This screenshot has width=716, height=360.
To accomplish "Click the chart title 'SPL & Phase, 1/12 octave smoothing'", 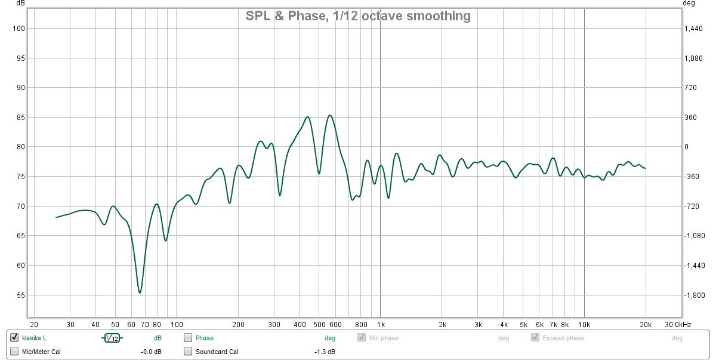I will click(x=358, y=16).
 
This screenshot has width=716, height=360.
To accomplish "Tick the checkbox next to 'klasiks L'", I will click(x=15, y=338).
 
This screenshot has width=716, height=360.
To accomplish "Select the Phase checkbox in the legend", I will click(x=188, y=338).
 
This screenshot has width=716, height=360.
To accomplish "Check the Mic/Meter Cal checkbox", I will click(x=15, y=352).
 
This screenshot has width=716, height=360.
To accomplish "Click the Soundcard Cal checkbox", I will click(x=188, y=352).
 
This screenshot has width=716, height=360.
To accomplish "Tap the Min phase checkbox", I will click(x=362, y=338).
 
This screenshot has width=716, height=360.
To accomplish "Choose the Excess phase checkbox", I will click(x=535, y=338).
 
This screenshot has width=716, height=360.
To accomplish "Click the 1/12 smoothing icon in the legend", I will click(x=112, y=339).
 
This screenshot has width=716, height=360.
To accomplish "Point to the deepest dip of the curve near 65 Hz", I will click(x=140, y=293).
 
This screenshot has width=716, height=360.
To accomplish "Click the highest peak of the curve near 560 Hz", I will click(x=330, y=115).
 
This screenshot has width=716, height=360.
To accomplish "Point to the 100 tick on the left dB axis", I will click(x=17, y=29).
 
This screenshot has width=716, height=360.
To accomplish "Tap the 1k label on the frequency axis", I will click(x=381, y=324).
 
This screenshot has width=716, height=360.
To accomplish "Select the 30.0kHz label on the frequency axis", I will click(x=679, y=324).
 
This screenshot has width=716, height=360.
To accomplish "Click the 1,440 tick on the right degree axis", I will click(x=693, y=29).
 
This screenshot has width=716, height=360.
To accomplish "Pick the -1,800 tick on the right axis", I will click(x=693, y=296).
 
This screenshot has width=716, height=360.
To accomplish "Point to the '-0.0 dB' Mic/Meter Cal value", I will click(x=151, y=352).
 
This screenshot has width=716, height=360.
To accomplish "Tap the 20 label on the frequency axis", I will click(x=33, y=324).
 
